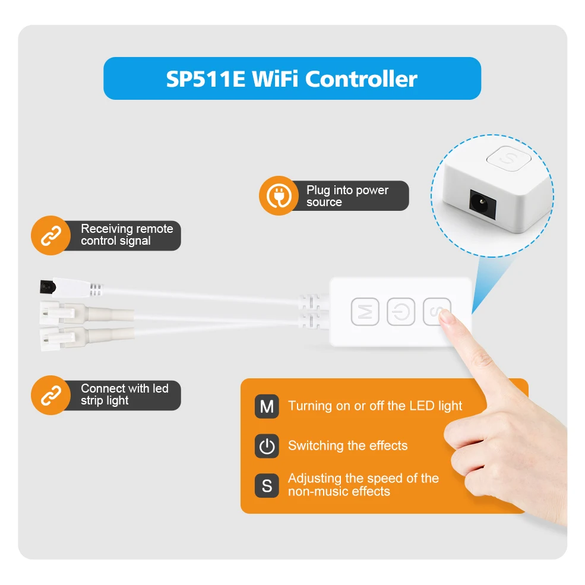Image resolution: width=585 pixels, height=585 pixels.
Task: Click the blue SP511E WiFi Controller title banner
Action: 292,78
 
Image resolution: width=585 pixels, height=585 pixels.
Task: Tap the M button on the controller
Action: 365,311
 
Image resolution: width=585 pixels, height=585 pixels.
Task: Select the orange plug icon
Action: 278,195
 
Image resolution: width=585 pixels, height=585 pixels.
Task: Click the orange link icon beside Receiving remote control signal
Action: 50,235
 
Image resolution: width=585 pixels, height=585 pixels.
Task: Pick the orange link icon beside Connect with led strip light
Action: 50,395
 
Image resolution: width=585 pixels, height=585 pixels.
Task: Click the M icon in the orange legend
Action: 267,406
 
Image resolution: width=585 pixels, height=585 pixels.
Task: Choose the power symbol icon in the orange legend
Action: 267,446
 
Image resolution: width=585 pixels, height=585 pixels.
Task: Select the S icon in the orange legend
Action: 267,486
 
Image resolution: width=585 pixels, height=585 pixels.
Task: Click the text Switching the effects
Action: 347,446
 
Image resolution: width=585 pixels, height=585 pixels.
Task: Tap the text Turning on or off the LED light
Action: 375,406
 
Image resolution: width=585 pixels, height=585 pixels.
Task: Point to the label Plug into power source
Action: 347,196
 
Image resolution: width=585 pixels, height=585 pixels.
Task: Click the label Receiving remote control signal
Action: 127,235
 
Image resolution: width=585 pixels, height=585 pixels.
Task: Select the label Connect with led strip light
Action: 124,394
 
